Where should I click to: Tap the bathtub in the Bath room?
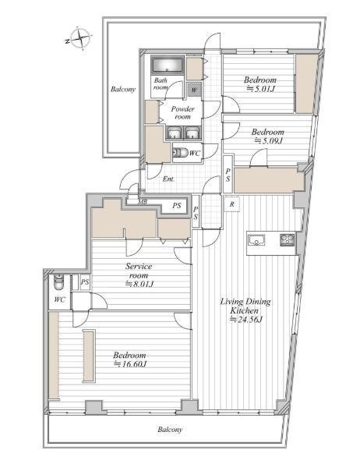click(168, 65)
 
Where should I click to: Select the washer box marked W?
click(194, 90)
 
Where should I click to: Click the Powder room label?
click(182, 113)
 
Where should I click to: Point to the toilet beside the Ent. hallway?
click(180, 153)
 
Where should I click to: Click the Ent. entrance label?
click(168, 179)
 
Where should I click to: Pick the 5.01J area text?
click(261, 88)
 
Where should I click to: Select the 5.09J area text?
click(268, 140)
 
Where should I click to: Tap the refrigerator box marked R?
click(232, 204)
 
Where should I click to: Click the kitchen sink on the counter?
click(256, 240)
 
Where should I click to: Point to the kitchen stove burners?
click(288, 239)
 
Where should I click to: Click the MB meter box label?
click(143, 202)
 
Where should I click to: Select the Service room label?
click(139, 271)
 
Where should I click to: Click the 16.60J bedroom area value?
click(131, 363)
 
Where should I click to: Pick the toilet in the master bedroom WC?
click(58, 283)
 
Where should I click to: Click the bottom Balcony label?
click(170, 430)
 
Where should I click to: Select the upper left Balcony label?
click(123, 89)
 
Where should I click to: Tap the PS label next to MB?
click(177, 205)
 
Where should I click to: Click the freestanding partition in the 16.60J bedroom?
click(89, 356)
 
